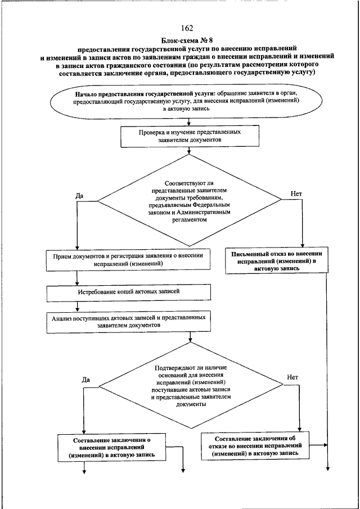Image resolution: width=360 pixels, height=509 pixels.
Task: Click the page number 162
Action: [x=187, y=28]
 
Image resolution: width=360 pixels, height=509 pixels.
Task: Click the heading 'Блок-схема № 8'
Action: [x=187, y=41]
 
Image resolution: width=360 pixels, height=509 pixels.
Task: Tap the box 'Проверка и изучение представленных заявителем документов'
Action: [x=190, y=137]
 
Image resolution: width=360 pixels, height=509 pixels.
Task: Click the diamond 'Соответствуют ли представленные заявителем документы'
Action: [x=190, y=200]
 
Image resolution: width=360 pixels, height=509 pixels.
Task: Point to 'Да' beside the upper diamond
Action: [x=79, y=196]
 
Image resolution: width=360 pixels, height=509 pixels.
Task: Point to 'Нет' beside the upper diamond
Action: [x=296, y=194]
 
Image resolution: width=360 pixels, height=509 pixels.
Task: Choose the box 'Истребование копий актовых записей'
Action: [x=129, y=292]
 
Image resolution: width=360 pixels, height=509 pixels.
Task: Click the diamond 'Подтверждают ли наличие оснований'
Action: [x=191, y=386]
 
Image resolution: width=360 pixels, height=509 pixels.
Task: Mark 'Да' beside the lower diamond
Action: [x=86, y=380]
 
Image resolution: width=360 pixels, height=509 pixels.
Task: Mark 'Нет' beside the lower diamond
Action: [x=292, y=377]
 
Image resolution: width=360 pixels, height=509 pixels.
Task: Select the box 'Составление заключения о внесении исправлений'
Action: [x=112, y=447]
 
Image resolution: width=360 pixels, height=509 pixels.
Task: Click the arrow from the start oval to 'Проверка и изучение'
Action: [x=189, y=122]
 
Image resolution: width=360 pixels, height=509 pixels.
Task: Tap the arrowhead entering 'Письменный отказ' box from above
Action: [x=302, y=246]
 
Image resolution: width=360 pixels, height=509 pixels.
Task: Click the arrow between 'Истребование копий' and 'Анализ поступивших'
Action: [x=77, y=305]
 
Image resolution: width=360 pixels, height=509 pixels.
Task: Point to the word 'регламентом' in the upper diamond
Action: [x=189, y=220]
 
